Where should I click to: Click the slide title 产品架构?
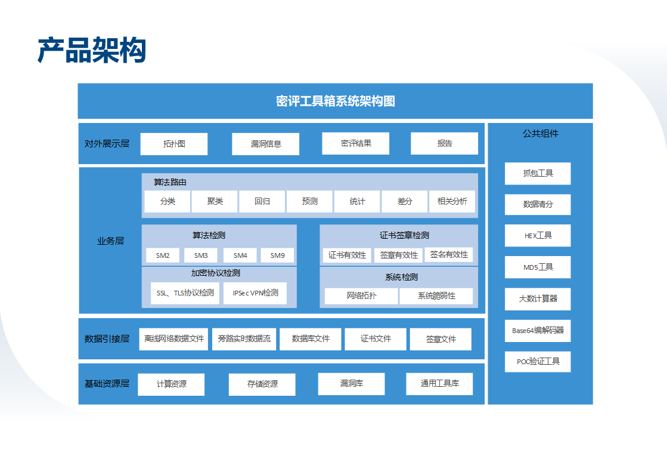pyautogui.click(x=92, y=50)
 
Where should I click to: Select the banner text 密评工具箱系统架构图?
pyautogui.click(x=335, y=101)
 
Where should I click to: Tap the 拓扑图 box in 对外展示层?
pyautogui.click(x=174, y=144)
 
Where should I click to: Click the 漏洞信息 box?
pyautogui.click(x=265, y=144)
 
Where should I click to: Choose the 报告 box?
pyautogui.click(x=444, y=143)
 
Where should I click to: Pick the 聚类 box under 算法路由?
pyautogui.click(x=215, y=201)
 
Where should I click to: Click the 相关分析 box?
pyautogui.click(x=452, y=201)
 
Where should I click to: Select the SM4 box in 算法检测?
pyautogui.click(x=240, y=255)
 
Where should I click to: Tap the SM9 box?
pyautogui.click(x=277, y=255)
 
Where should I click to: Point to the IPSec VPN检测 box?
pyautogui.click(x=255, y=293)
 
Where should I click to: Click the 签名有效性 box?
pyautogui.click(x=449, y=255)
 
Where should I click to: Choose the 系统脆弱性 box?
pyautogui.click(x=436, y=296)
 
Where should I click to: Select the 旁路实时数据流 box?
pyautogui.click(x=244, y=339)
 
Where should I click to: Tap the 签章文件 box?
pyautogui.click(x=440, y=339)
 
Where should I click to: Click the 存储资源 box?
pyautogui.click(x=262, y=384)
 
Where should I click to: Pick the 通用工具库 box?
pyautogui.click(x=439, y=384)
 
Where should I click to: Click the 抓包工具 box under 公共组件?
pyautogui.click(x=538, y=173)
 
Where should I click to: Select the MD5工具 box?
pyautogui.click(x=538, y=267)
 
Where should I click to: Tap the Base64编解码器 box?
pyautogui.click(x=538, y=331)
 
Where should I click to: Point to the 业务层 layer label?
pyautogui.click(x=111, y=241)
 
